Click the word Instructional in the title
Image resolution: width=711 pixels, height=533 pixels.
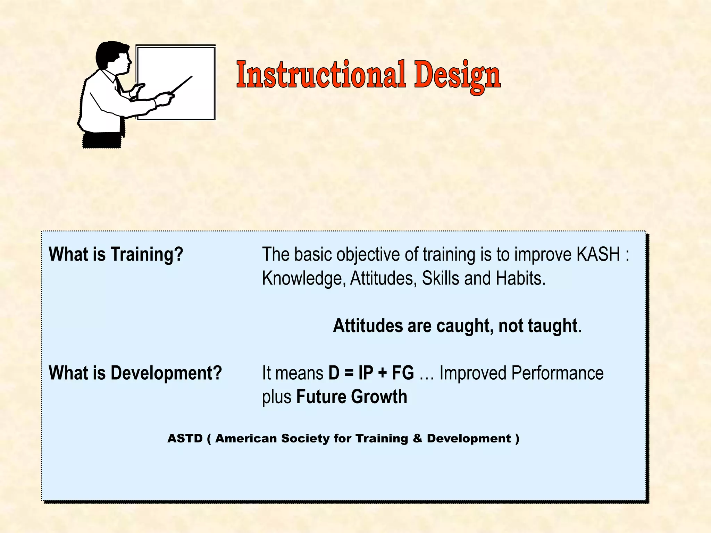click(321, 75)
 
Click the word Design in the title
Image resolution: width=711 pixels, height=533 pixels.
click(457, 76)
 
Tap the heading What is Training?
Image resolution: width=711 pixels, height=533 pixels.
click(116, 254)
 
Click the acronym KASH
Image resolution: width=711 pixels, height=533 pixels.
click(598, 254)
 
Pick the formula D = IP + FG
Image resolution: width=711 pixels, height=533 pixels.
click(371, 373)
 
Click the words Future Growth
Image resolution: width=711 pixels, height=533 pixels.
click(351, 397)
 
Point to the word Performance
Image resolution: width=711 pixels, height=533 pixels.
click(557, 373)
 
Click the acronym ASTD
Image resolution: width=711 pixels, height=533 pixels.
click(185, 438)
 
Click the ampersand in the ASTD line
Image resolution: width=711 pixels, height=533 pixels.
click(417, 438)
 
